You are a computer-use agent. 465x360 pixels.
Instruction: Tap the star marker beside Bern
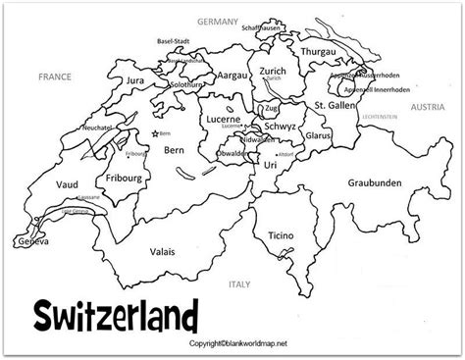[155, 132]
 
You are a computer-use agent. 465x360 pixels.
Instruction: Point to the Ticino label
[285, 235]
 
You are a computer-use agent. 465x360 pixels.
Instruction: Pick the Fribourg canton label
[123, 179]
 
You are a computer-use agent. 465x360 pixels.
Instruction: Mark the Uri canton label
[272, 167]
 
